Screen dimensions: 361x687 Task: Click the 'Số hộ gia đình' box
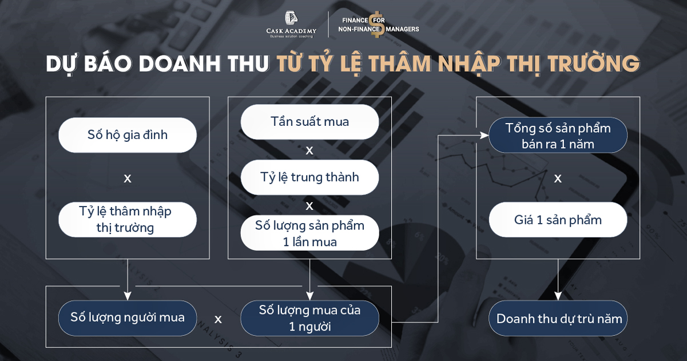(128, 135)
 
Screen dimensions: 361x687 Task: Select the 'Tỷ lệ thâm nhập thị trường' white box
(128, 219)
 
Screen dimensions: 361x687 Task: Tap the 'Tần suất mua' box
(309, 121)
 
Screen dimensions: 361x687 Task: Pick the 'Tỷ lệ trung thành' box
(309, 177)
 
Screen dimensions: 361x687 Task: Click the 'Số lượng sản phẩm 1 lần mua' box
(309, 233)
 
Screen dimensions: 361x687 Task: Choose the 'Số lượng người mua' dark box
(128, 317)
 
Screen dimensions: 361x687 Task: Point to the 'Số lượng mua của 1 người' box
(309, 318)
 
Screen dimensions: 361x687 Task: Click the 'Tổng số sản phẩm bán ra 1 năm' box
(558, 136)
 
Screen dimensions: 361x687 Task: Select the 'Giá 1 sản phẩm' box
(558, 220)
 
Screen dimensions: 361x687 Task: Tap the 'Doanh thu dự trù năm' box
(558, 318)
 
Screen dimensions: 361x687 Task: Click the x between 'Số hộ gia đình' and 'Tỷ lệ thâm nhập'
(128, 178)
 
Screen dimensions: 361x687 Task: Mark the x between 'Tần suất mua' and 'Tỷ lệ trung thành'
(309, 150)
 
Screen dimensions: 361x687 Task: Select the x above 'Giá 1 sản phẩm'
(558, 178)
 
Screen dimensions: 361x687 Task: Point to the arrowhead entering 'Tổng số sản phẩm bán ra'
(485, 136)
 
